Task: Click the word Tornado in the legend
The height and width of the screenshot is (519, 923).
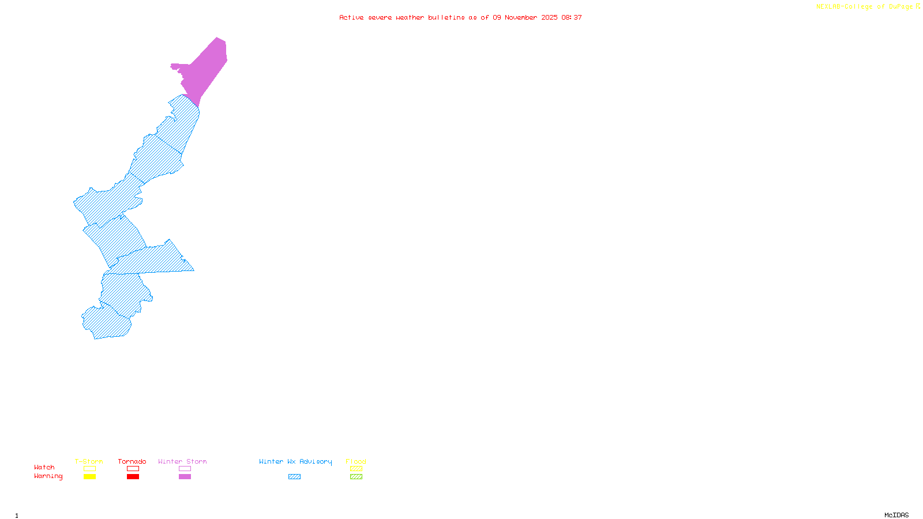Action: tap(132, 461)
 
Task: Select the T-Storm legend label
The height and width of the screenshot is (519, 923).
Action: tap(89, 461)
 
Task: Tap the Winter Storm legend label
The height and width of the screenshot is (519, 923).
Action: tap(182, 461)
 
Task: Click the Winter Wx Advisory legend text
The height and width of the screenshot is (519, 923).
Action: tap(295, 461)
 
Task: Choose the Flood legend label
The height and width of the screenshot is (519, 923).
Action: tap(356, 461)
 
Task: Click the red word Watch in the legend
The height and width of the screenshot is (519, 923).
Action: tap(44, 467)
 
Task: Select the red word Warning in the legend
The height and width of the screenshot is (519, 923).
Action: tap(48, 476)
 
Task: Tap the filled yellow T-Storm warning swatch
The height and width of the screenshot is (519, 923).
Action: tap(89, 477)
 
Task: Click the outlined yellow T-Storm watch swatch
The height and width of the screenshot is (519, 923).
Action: tap(89, 469)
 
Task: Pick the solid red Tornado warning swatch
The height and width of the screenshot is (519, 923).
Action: tap(133, 477)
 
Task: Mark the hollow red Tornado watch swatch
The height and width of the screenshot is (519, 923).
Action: tap(133, 469)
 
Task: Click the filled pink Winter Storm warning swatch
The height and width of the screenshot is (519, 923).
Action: tap(185, 477)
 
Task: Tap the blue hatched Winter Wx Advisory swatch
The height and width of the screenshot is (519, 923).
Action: tap(294, 477)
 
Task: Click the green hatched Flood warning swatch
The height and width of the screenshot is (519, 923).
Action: tap(356, 477)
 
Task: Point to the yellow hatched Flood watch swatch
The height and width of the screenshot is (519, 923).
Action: tap(356, 469)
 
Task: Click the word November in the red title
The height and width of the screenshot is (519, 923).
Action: tap(521, 17)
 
